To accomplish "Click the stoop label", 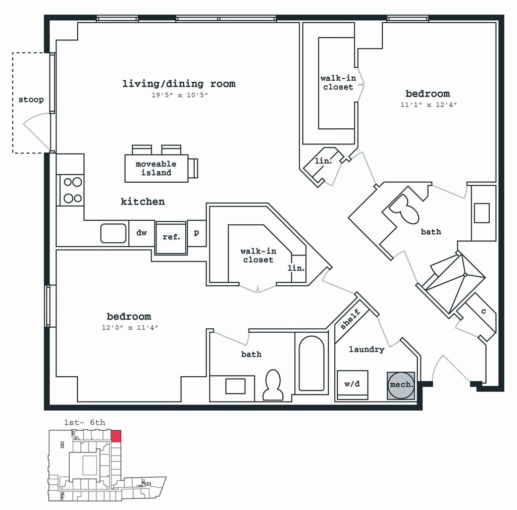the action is [x=31, y=99].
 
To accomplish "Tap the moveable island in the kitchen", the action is [x=157, y=168].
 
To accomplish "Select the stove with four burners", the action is [x=72, y=190].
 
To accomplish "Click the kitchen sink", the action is [x=113, y=233].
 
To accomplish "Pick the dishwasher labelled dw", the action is [x=141, y=233].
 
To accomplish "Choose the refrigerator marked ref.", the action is [x=171, y=237].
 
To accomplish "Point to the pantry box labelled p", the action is [x=196, y=233].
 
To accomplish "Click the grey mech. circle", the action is [x=401, y=385].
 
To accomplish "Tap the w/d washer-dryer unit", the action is [x=352, y=384].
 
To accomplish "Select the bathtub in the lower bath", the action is [x=311, y=363].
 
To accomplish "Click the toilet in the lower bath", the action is [x=273, y=385].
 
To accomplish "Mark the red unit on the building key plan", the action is [x=116, y=436].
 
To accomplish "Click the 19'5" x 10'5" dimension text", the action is [x=180, y=95].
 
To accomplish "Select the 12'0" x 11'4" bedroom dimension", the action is [x=130, y=327].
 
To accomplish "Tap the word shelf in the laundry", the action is [x=350, y=319].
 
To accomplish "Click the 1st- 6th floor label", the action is [x=85, y=422].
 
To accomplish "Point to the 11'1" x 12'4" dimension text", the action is [x=429, y=105].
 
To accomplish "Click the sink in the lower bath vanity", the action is [x=235, y=386].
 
